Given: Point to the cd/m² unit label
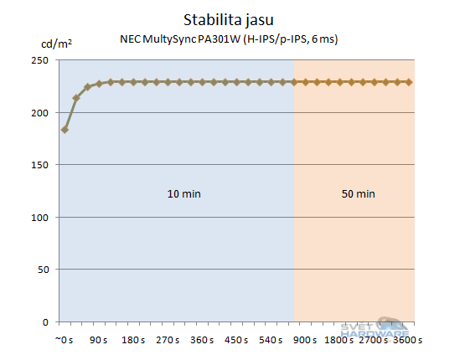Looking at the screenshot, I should [x=55, y=44].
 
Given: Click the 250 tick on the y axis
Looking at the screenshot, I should [x=39, y=60].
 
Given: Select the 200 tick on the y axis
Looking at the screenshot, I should [x=39, y=112].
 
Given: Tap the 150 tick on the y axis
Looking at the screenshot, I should [x=39, y=165].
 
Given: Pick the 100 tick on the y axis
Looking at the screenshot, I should [x=39, y=217].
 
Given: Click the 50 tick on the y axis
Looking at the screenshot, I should [x=41, y=270].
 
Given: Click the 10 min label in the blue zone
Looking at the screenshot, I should [x=184, y=193].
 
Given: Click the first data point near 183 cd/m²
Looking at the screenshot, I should [x=65, y=130].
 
